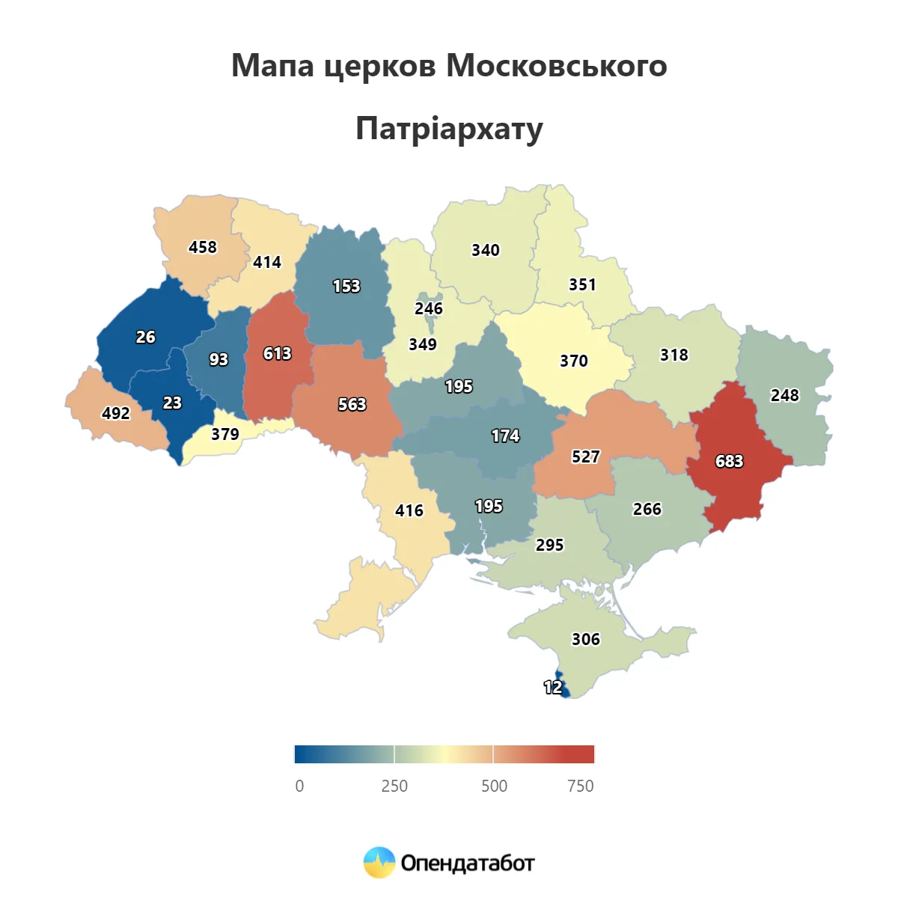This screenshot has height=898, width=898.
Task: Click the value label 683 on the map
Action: (729, 461)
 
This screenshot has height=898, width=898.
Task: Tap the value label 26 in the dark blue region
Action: (146, 337)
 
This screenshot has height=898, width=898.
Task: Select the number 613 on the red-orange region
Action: (277, 353)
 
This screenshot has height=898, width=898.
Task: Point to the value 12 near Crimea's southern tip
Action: (552, 687)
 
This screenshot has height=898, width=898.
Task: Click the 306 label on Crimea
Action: (586, 639)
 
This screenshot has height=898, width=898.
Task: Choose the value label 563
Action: (352, 404)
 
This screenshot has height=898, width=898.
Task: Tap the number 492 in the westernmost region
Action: (116, 413)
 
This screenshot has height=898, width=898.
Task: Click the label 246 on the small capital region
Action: (429, 308)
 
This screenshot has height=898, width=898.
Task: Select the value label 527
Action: (585, 456)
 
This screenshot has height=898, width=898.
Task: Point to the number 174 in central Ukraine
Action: (505, 436)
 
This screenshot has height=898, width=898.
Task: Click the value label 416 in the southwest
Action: (409, 510)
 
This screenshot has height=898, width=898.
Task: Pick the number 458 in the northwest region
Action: (203, 247)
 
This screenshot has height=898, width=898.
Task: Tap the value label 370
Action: (574, 361)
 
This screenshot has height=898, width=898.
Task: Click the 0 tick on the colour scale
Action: (299, 786)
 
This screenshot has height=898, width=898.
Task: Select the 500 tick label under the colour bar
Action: (494, 786)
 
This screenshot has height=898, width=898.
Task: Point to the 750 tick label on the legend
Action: (580, 786)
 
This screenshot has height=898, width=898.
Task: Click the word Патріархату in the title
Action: (449, 129)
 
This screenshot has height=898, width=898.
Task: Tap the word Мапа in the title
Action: (272, 66)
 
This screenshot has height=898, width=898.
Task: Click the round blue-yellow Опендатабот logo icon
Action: (379, 863)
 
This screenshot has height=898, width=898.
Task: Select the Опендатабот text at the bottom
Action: (468, 864)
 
